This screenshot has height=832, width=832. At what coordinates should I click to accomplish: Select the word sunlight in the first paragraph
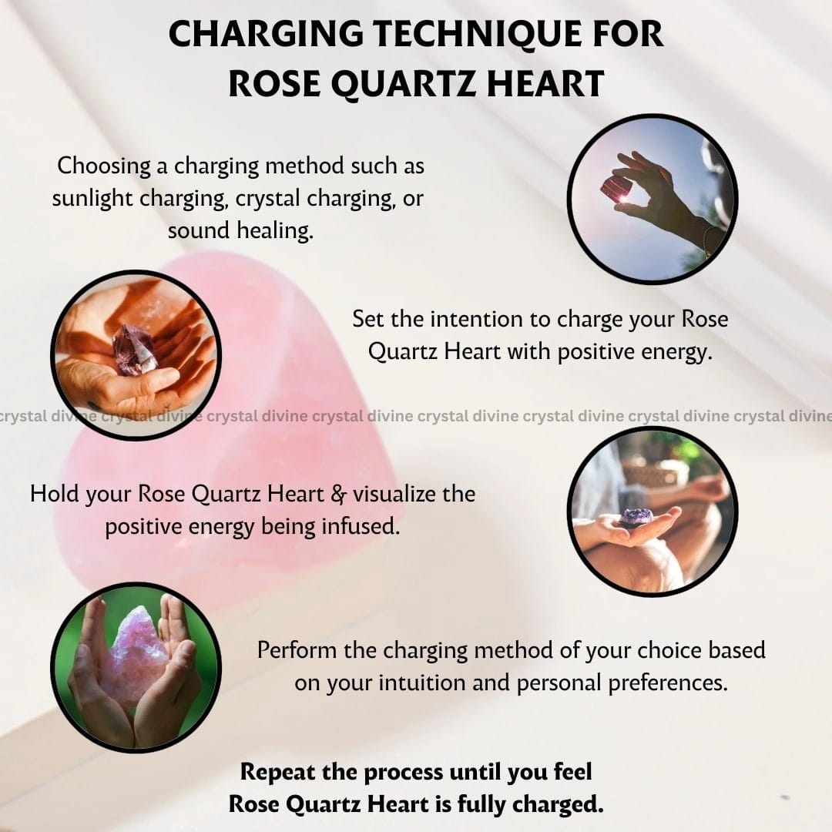[x=92, y=198]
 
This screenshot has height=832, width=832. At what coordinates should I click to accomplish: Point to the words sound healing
[x=240, y=230]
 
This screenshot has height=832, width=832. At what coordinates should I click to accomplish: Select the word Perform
[x=297, y=650]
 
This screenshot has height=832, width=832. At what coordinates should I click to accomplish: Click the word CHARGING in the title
[x=265, y=34]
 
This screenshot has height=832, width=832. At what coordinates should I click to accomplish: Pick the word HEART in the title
[x=545, y=83]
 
